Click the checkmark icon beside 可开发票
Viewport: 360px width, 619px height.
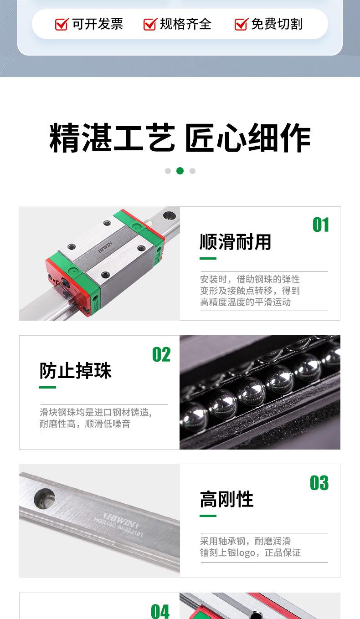pyautogui.click(x=62, y=24)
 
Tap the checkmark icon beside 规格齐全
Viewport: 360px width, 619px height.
pyautogui.click(x=150, y=24)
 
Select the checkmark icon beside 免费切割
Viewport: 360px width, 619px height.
pyautogui.click(x=241, y=24)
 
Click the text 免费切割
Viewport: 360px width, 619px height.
pyautogui.click(x=277, y=24)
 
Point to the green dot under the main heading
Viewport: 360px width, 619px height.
pyautogui.click(x=180, y=171)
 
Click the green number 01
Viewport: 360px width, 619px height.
pyautogui.click(x=320, y=225)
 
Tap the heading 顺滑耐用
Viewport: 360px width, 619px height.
pyautogui.click(x=235, y=242)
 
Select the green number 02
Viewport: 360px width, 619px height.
pyautogui.click(x=161, y=355)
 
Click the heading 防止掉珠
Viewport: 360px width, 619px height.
pyautogui.click(x=75, y=371)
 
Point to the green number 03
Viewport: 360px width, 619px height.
pyautogui.click(x=319, y=483)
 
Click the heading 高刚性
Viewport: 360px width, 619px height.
pyautogui.click(x=226, y=500)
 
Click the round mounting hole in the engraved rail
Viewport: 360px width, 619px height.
pyautogui.click(x=44, y=498)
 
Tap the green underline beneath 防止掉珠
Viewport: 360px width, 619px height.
pyautogui.click(x=47, y=388)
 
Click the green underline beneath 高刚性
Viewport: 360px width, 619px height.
pyautogui.click(x=208, y=516)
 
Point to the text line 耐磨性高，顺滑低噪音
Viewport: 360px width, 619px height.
pyautogui.click(x=85, y=424)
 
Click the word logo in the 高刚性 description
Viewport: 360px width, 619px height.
pyautogui.click(x=246, y=553)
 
